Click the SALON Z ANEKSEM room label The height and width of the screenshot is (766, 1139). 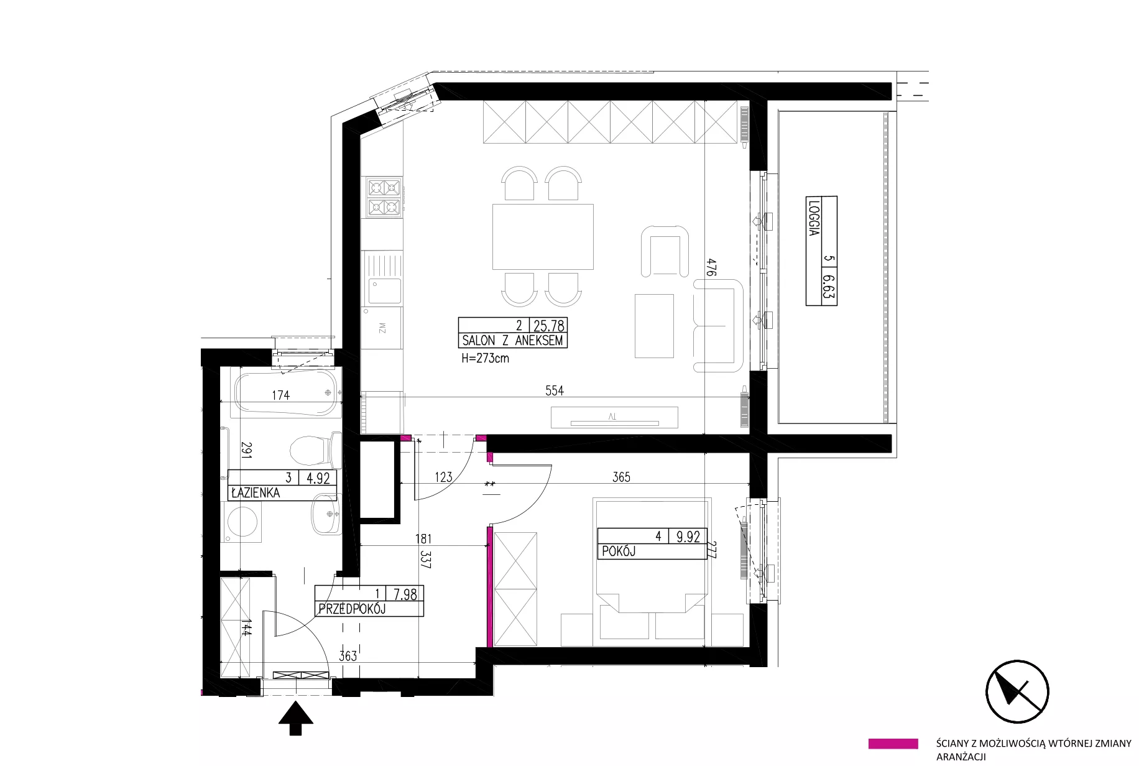(512, 341)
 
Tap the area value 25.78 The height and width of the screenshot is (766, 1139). (548, 325)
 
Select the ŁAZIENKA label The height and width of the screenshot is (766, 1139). (255, 493)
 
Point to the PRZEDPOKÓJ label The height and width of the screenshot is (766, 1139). (352, 609)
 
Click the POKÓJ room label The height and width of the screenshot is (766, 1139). (618, 551)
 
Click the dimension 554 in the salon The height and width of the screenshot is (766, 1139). (555, 390)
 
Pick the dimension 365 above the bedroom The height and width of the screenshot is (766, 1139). (621, 477)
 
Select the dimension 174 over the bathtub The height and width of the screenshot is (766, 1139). (280, 395)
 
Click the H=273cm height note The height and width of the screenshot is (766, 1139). (485, 358)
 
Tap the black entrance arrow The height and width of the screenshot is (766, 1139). (296, 718)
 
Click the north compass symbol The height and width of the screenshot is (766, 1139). (1017, 692)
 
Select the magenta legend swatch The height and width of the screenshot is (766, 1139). (893, 744)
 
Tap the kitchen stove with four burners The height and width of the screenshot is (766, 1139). (384, 197)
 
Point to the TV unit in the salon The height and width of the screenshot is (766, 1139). (614, 417)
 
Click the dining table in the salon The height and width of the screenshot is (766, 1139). (543, 236)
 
